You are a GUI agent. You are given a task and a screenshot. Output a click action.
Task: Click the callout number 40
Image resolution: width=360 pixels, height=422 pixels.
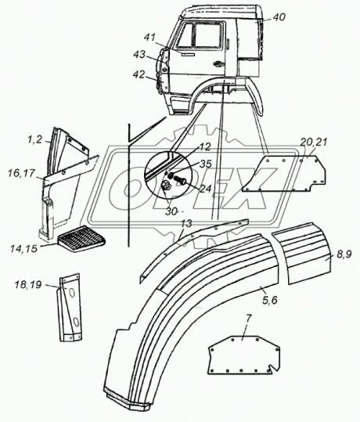point(279,17)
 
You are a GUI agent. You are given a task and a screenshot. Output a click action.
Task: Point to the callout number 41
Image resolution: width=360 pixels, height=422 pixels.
point(149,38)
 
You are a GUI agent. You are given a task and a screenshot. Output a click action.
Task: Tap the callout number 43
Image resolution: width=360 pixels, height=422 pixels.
point(139,55)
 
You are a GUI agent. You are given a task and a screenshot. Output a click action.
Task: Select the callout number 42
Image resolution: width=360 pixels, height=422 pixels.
point(139,74)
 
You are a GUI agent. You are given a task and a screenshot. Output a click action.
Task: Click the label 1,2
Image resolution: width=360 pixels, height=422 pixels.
point(35,139)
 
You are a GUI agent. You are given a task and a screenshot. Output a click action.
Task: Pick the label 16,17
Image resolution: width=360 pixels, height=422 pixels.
point(22,173)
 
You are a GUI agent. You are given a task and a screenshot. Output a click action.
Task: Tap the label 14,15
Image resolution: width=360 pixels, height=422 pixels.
point(24,248)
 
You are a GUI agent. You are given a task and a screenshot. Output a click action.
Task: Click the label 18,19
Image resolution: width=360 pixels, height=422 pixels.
point(28,284)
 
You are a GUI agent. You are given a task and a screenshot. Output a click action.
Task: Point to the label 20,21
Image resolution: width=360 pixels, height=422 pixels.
point(314,142)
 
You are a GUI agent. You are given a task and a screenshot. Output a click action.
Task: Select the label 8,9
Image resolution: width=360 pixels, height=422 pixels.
point(344,254)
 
